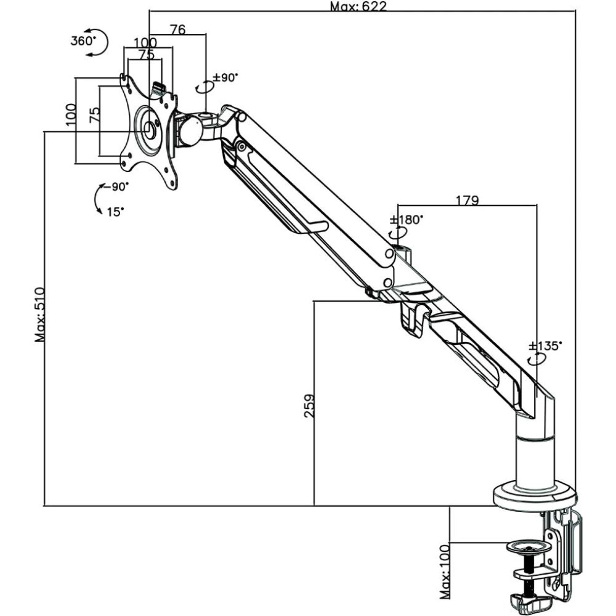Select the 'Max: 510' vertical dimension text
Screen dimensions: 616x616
(x=40, y=314)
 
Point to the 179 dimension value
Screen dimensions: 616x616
(x=468, y=200)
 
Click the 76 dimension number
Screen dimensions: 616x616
(x=178, y=29)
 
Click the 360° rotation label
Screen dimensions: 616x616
(x=83, y=41)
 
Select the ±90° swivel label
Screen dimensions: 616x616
(x=225, y=78)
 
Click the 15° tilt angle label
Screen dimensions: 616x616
(x=115, y=211)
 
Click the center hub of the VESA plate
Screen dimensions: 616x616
(x=150, y=131)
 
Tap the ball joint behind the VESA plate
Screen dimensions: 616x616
(x=188, y=131)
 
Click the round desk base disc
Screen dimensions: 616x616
(x=534, y=496)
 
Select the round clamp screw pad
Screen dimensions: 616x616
(x=528, y=546)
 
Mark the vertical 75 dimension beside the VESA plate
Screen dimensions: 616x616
(x=94, y=115)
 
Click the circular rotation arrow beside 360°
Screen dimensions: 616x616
(x=99, y=41)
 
